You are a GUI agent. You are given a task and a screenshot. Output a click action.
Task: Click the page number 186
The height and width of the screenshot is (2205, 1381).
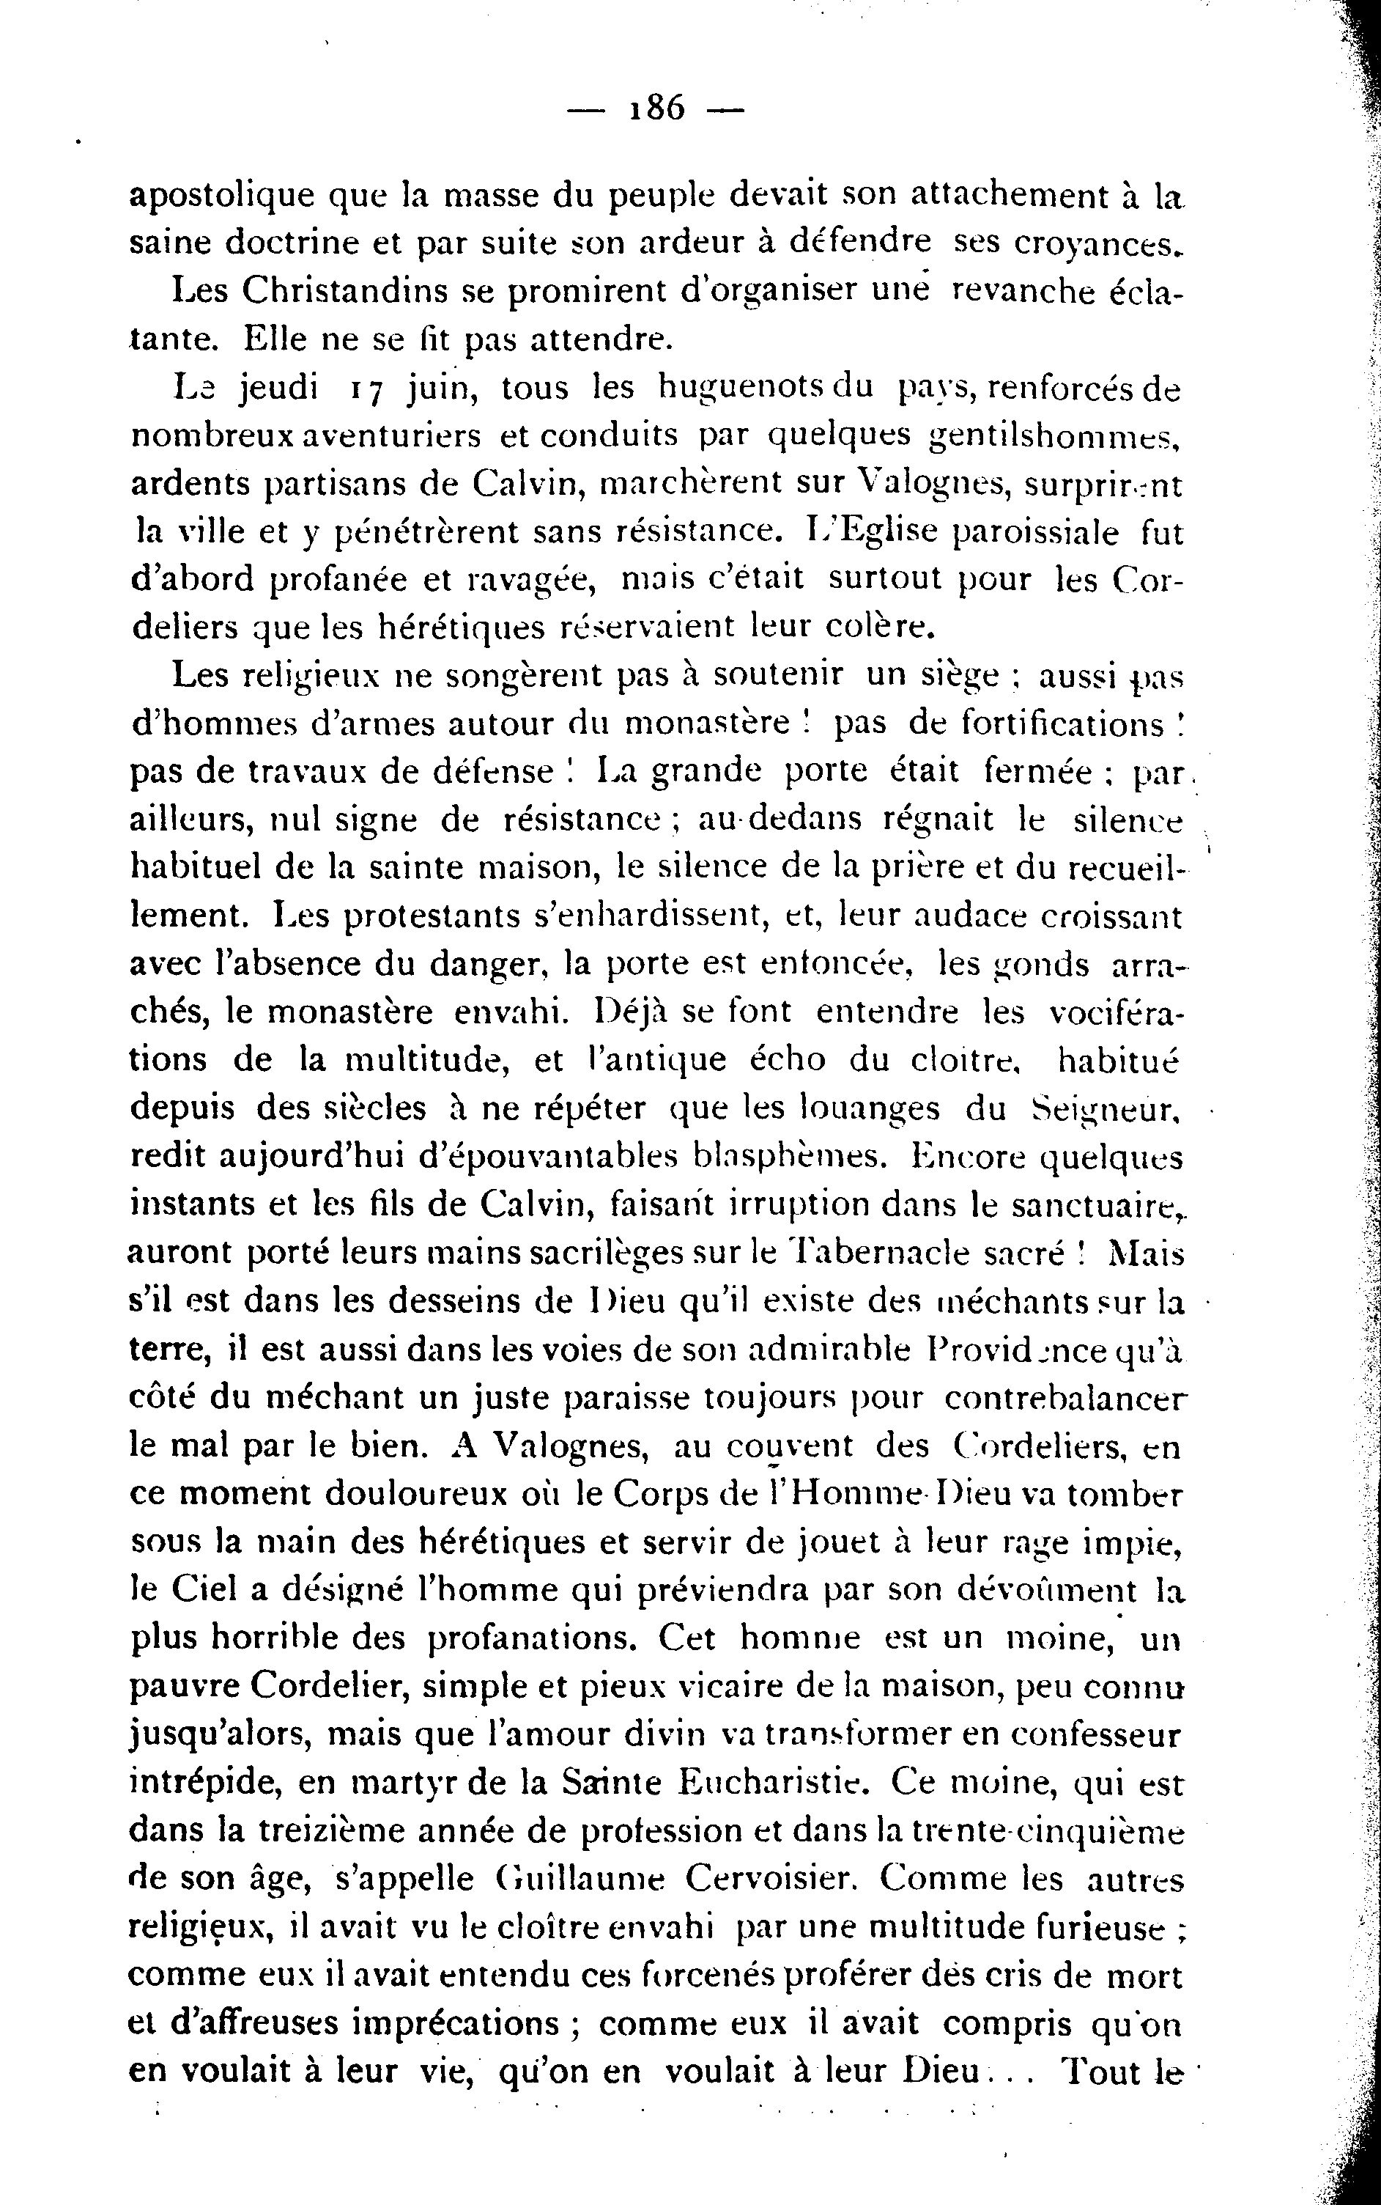(x=656, y=108)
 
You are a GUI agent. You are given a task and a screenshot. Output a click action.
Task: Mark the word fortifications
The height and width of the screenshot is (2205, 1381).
(x=1063, y=723)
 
